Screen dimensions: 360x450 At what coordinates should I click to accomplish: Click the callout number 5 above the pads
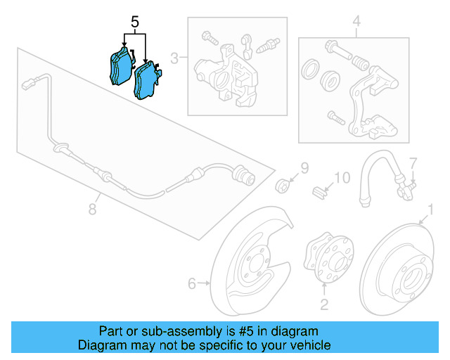[134, 22]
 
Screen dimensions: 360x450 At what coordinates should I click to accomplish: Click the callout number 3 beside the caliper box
[174, 58]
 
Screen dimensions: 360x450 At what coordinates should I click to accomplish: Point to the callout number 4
[356, 22]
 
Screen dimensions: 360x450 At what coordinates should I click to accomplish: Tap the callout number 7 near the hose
[413, 163]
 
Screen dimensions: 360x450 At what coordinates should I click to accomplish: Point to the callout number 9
[304, 167]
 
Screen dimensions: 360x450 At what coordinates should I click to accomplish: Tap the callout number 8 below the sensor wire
[91, 209]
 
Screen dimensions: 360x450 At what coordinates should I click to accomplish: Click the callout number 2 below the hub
[324, 304]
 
